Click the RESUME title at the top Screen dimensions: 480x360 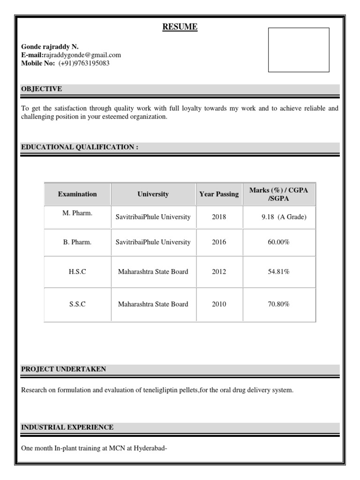click(180, 28)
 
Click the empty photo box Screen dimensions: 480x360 click(299, 50)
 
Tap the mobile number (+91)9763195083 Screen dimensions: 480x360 click(84, 63)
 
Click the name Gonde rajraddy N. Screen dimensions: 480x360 click(50, 47)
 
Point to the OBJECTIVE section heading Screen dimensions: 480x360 click(42, 89)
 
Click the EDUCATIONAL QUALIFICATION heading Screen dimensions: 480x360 click(80, 147)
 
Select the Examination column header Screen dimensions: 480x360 click(77, 194)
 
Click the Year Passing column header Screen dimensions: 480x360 click(219, 194)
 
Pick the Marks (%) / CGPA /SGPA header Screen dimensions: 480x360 click(279, 194)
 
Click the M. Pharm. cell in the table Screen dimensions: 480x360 click(77, 213)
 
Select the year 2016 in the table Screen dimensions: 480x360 click(219, 242)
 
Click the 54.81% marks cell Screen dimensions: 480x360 click(278, 272)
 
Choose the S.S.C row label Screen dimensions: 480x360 click(77, 304)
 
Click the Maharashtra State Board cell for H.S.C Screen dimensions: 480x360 click(153, 272)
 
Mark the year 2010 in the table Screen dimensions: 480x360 click(219, 304)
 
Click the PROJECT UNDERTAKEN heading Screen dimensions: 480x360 click(63, 369)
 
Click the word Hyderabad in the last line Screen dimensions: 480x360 click(150, 448)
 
